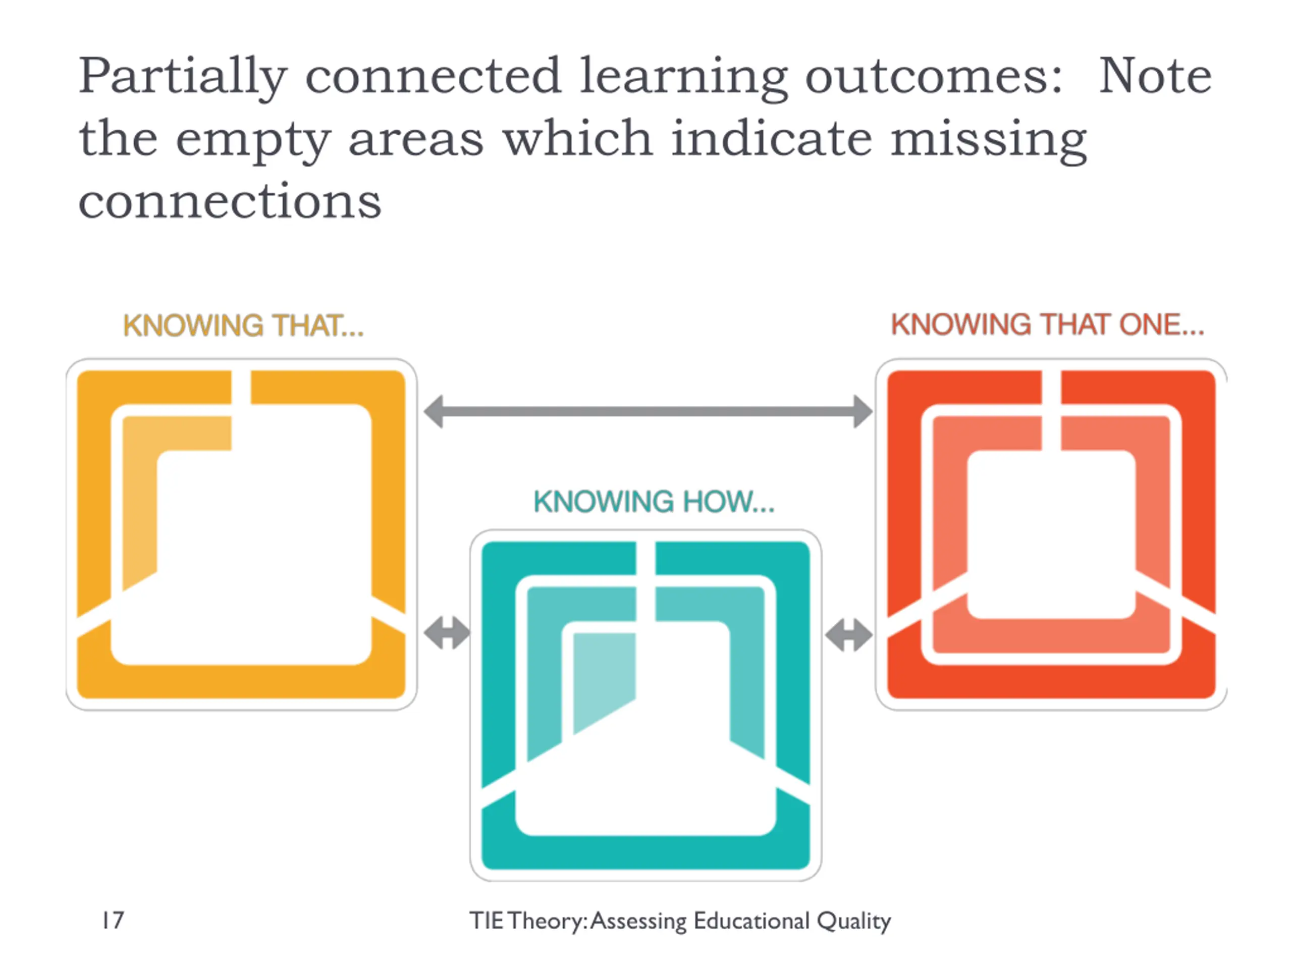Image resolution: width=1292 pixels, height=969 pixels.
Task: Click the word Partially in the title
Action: [182, 78]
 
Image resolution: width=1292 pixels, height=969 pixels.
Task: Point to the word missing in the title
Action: [988, 140]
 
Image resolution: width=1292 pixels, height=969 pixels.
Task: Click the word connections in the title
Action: [230, 201]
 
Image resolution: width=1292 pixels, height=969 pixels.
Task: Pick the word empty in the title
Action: [253, 140]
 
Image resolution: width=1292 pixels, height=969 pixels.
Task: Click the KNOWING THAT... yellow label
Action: [243, 326]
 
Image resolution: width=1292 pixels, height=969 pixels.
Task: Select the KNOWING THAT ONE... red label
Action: [1047, 325]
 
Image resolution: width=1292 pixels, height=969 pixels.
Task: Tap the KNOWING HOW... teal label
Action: [654, 502]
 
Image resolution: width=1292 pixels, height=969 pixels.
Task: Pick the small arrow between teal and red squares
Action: [849, 635]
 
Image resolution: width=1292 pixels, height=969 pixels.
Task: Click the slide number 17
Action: [113, 921]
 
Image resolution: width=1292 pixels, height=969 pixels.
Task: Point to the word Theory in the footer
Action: [546, 921]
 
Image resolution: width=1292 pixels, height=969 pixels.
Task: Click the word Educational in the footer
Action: [751, 921]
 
